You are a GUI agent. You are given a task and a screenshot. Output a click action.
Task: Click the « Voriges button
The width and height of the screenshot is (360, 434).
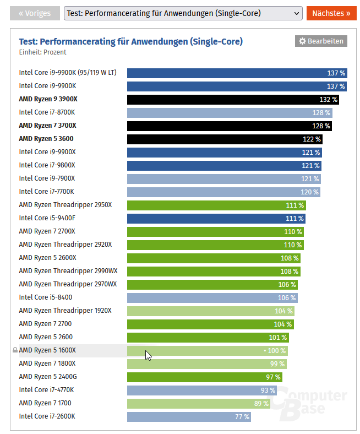pyautogui.click(x=34, y=13)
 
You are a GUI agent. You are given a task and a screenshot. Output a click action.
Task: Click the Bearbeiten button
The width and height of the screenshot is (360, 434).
pyautogui.click(x=321, y=41)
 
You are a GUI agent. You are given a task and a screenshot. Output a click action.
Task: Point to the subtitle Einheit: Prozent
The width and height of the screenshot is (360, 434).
pyautogui.click(x=42, y=52)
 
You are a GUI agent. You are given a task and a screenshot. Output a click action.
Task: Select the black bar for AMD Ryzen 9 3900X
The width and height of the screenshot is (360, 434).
pyautogui.click(x=233, y=100)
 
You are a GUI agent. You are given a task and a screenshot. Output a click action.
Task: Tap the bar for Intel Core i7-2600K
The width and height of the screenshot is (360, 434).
pyautogui.click(x=189, y=417)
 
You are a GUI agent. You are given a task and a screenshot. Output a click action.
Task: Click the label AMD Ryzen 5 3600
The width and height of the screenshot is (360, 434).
pyautogui.click(x=46, y=139)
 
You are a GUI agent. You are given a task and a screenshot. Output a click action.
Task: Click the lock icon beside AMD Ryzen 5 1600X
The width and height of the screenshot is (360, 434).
pyautogui.click(x=15, y=350)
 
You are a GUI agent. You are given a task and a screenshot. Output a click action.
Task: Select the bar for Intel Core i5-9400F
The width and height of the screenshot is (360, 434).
pyautogui.click(x=216, y=219)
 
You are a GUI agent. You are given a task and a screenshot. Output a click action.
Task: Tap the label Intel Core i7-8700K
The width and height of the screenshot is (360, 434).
pyautogui.click(x=47, y=112)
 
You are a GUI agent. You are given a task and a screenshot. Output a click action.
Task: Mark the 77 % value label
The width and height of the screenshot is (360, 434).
pyautogui.click(x=242, y=417)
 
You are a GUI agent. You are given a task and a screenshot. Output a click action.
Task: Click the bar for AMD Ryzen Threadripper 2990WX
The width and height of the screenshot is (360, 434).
pyautogui.click(x=214, y=272)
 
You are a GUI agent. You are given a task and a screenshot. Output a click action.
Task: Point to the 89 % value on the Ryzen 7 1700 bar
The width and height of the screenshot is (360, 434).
pyautogui.click(x=261, y=404)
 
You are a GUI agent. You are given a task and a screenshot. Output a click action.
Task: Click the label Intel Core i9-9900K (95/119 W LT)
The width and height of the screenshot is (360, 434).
pyautogui.click(x=68, y=73)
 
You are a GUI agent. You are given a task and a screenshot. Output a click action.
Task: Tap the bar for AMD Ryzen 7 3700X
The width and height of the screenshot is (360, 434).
pyautogui.click(x=230, y=126)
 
